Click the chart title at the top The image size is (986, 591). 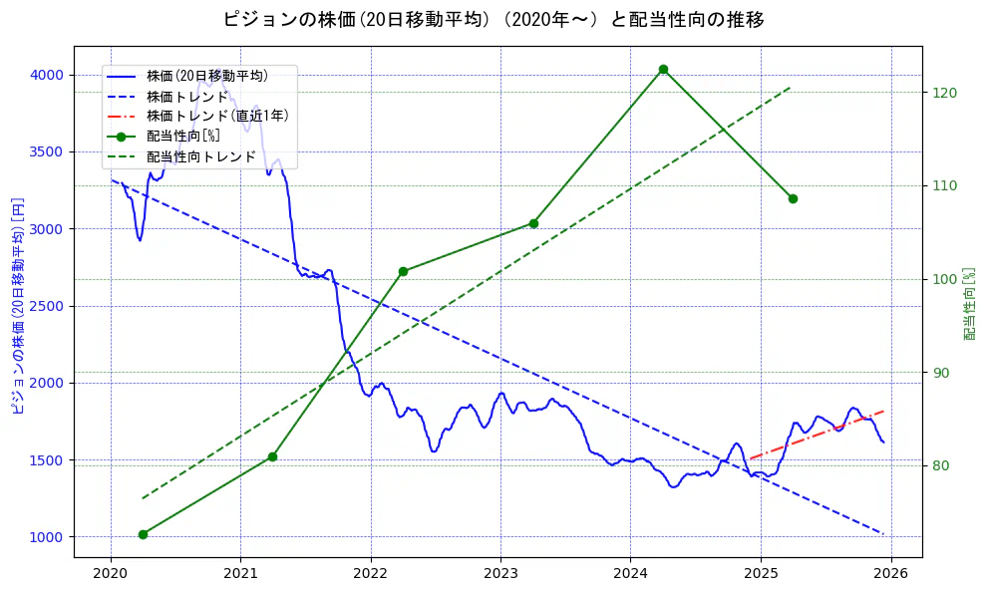493,19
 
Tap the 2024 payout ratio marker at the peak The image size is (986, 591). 663,69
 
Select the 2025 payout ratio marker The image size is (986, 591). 793,198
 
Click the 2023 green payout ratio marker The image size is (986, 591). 533,223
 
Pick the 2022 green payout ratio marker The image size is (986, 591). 403,271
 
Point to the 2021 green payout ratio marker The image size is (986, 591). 272,456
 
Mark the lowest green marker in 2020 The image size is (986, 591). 143,534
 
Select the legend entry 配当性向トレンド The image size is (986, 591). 200,156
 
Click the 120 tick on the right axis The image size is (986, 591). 945,93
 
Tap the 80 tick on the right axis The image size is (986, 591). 942,466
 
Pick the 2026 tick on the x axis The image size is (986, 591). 891,573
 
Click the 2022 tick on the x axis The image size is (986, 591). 371,573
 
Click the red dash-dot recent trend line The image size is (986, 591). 818,434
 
